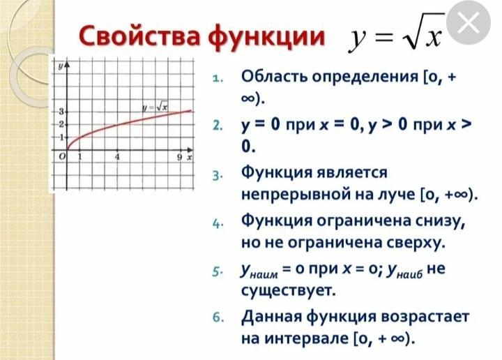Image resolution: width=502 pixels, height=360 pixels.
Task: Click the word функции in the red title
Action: pos(266,36)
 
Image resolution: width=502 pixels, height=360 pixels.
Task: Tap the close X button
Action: pos(469,23)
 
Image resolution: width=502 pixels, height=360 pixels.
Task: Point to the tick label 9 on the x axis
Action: pos(180,157)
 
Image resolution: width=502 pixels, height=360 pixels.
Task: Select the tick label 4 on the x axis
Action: pos(118,157)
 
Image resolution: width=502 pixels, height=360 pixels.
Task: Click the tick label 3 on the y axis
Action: pos(61,112)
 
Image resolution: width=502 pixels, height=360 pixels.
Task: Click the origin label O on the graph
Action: pos(63,156)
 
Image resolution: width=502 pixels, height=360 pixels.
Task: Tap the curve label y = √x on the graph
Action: pos(155,107)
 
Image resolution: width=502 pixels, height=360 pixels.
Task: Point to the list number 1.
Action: pos(218,78)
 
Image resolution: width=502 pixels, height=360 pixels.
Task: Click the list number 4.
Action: pos(218,223)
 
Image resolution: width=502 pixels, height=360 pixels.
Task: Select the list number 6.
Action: pos(218,317)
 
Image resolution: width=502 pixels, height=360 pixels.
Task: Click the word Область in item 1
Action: pos(275,76)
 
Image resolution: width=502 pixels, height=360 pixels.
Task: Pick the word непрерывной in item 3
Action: pos(294,195)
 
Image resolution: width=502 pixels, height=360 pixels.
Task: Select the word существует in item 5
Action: pos(289,290)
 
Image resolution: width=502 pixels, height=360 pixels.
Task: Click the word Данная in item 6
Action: pos(271,317)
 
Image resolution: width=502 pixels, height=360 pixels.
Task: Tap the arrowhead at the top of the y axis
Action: pos(67,65)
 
